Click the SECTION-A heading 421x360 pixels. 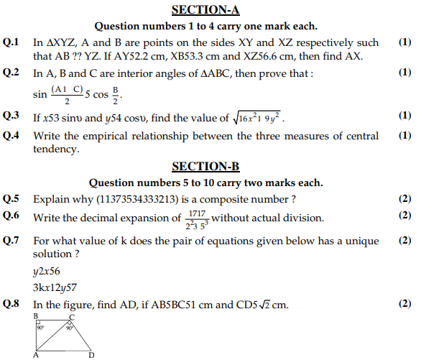click(x=210, y=10)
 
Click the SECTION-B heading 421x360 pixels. click(x=210, y=167)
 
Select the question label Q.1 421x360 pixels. click(x=12, y=43)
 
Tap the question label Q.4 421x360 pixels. click(x=12, y=136)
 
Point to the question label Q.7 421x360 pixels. click(x=12, y=241)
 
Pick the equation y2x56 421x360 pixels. click(x=47, y=272)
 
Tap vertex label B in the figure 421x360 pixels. click(x=35, y=316)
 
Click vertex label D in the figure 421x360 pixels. click(x=92, y=355)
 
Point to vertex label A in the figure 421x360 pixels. click(x=34, y=355)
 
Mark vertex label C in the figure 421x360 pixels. click(x=71, y=316)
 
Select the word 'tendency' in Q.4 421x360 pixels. click(x=54, y=149)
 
